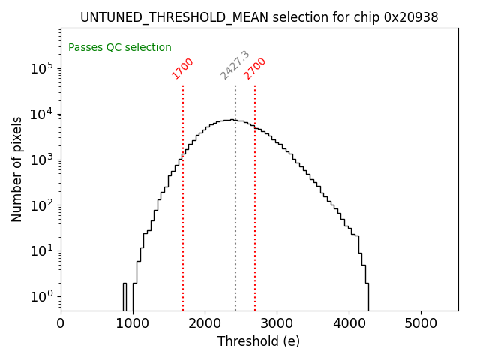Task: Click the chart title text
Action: point(259,17)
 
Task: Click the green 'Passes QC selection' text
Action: point(120,47)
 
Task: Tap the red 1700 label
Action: point(182,68)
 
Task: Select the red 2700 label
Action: point(255,68)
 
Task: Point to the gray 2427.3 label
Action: point(235,65)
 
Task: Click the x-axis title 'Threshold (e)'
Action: point(259,341)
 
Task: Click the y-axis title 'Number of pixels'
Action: point(17,169)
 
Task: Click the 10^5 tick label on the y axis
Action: point(42,68)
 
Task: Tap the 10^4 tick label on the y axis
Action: point(42,114)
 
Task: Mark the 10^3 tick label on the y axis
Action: point(42,160)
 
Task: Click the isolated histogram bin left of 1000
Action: point(125,297)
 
